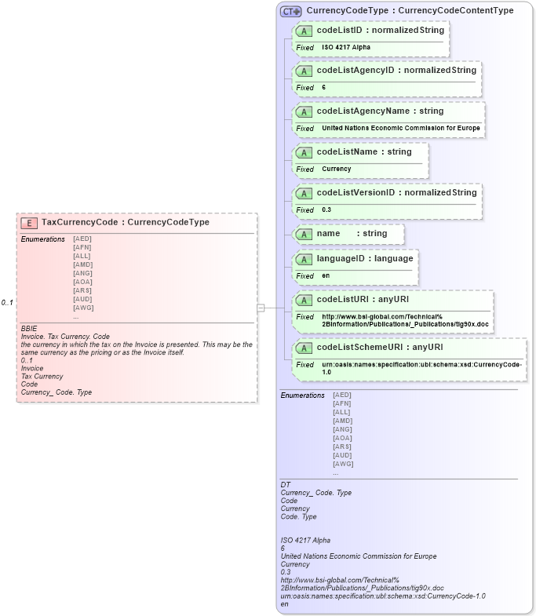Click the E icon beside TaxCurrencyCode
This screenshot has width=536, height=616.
(x=30, y=222)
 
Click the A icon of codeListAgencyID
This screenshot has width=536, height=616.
(x=304, y=71)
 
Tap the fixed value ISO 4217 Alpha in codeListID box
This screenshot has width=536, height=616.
(x=346, y=47)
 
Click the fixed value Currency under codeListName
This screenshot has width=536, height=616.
(x=336, y=169)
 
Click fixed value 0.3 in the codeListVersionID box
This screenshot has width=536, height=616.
(x=326, y=210)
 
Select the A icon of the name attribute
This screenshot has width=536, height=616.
(x=304, y=234)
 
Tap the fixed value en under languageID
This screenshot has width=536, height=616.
(x=326, y=275)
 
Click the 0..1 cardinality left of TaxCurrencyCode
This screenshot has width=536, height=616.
(x=7, y=303)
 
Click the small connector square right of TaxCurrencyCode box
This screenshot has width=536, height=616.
(x=261, y=308)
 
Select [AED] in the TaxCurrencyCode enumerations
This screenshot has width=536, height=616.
(x=82, y=239)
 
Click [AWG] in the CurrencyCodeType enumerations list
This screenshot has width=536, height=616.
(x=343, y=464)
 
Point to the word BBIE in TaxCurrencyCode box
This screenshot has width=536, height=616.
(x=29, y=328)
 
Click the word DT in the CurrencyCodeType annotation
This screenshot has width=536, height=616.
(x=286, y=485)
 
